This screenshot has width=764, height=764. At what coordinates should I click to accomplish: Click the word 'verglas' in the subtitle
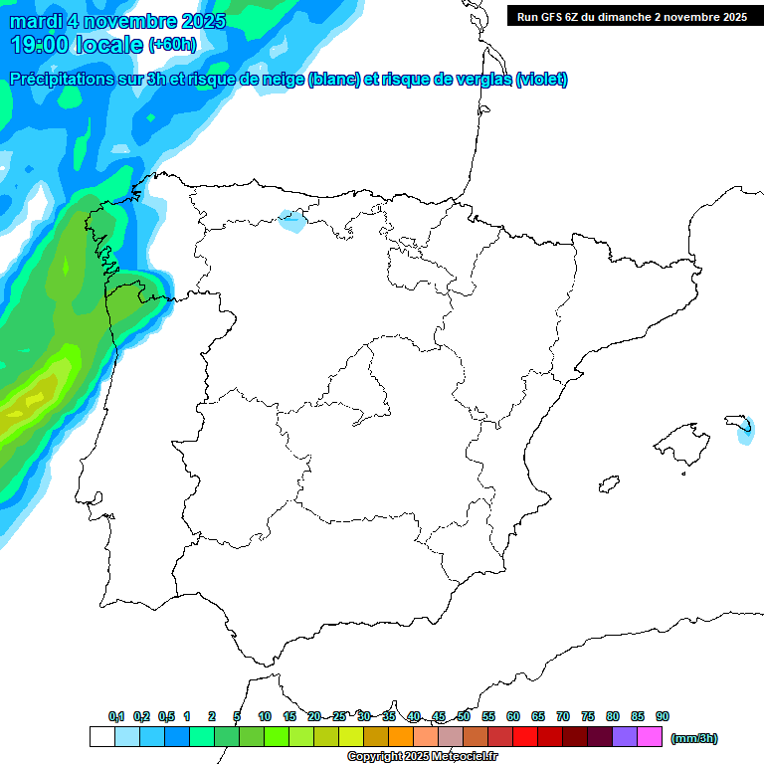click(x=474, y=80)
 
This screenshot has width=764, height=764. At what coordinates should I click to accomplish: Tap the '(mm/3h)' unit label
click(x=694, y=738)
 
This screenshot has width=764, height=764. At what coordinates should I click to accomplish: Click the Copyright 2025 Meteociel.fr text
click(x=423, y=757)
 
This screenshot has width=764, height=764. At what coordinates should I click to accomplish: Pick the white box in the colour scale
click(x=101, y=737)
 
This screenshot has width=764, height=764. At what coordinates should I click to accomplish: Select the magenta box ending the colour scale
click(x=650, y=737)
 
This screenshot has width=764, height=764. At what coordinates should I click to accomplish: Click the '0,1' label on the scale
click(x=116, y=717)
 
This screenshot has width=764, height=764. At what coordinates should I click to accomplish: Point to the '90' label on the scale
click(x=663, y=717)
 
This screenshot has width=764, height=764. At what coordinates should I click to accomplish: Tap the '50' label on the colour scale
click(x=464, y=717)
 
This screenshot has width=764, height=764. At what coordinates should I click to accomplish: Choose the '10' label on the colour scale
click(x=264, y=717)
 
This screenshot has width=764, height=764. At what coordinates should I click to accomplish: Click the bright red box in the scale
click(x=525, y=737)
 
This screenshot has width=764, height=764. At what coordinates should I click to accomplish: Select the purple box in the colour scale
click(x=625, y=737)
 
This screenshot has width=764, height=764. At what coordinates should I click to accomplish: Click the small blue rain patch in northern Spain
click(x=291, y=220)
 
